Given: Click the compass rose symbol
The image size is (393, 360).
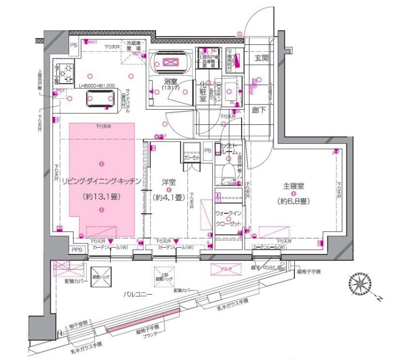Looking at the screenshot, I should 359,285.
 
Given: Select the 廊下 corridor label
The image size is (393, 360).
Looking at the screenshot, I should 259,111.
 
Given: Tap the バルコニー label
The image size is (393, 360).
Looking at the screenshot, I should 138,295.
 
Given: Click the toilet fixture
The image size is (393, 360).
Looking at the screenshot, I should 228,173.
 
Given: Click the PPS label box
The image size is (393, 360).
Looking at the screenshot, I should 77,250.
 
